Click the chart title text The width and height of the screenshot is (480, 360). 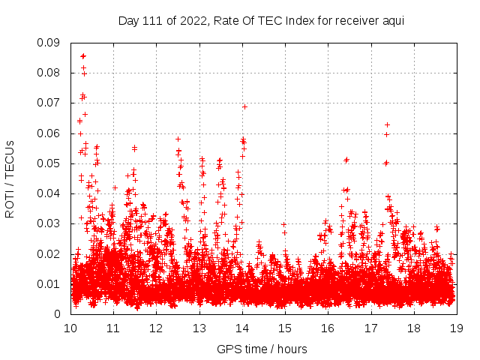click(261, 21)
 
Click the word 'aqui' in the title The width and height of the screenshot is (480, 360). click(392, 21)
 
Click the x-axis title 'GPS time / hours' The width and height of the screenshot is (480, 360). click(262, 349)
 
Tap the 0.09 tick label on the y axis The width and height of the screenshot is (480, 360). click(50, 43)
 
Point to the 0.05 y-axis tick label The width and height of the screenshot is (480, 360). click(50, 163)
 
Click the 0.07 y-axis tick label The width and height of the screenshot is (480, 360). click(50, 103)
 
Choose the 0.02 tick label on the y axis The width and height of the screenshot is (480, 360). click(50, 254)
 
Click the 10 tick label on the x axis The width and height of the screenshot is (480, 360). click(71, 328)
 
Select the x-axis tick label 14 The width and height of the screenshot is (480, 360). click(242, 328)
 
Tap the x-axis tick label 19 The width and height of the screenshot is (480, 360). click(456, 328)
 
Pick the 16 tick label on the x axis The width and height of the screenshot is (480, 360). click(328, 328)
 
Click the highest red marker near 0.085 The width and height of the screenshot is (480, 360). click(83, 56)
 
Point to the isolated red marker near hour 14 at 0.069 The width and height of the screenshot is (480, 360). click(244, 106)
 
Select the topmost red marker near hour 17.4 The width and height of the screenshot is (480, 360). click(387, 124)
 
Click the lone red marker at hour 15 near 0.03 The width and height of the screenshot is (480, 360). click(283, 223)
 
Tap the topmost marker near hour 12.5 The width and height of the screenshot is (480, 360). click(178, 139)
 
